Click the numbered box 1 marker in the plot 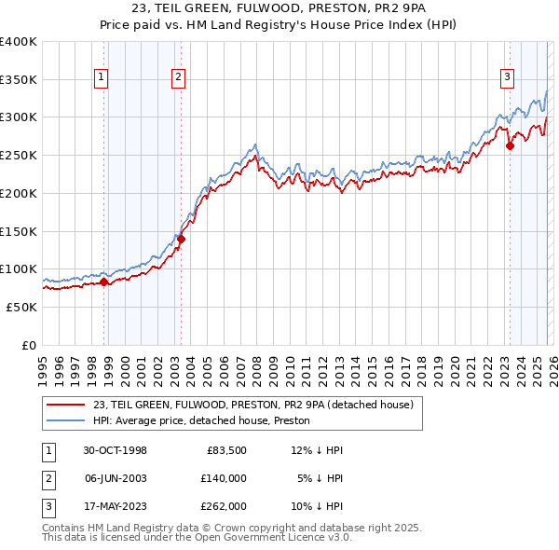click(100, 78)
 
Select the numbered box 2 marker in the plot click(177, 78)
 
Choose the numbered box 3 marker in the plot click(507, 78)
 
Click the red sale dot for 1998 click(103, 282)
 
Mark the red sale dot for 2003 click(181, 239)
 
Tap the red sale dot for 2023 click(510, 145)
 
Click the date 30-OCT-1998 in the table click(115, 450)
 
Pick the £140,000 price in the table click(223, 478)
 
